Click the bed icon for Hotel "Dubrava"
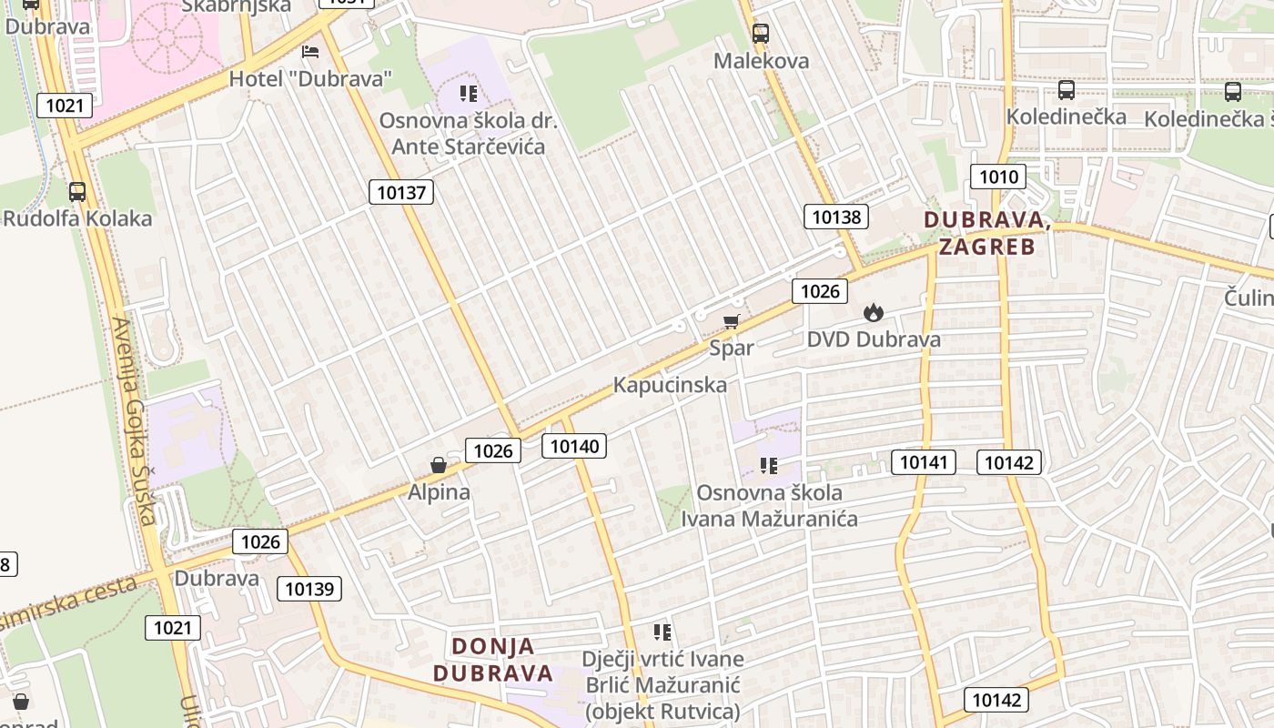(x=310, y=51)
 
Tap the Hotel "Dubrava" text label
(x=310, y=78)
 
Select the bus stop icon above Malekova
(x=760, y=34)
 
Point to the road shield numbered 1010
(x=997, y=177)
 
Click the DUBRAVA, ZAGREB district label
(x=987, y=233)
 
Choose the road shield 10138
(x=836, y=217)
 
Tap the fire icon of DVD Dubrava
(x=874, y=313)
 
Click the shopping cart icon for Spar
(x=732, y=320)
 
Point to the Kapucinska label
(x=670, y=385)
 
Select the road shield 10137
(x=401, y=192)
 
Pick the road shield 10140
(x=574, y=446)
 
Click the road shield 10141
(x=924, y=462)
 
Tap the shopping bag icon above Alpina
(x=439, y=465)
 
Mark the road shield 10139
(x=309, y=589)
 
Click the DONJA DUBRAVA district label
(x=493, y=660)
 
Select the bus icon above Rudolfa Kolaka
(x=77, y=192)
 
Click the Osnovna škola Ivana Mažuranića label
(x=770, y=506)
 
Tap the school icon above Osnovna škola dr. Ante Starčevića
(x=469, y=93)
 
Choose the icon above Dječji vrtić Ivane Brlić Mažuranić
(x=662, y=632)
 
